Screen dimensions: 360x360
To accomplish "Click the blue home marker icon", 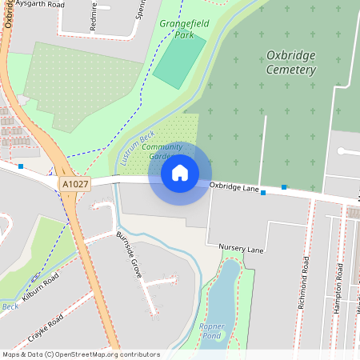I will coord(180,173).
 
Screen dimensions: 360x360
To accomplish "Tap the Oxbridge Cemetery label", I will coord(290,62).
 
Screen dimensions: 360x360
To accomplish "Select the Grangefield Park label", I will coord(183,29).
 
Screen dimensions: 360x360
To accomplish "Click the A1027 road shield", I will coord(74,184).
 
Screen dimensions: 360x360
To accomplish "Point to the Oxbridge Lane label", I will coord(234,188).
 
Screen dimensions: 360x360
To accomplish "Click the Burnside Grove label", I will coord(129,254).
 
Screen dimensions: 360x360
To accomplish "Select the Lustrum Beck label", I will coord(136,147).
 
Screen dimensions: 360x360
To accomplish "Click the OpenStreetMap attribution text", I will coord(81,354).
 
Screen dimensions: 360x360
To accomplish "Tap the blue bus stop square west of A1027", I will coord(21,166).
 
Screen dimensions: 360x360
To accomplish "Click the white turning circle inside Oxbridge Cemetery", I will coord(342,150).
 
